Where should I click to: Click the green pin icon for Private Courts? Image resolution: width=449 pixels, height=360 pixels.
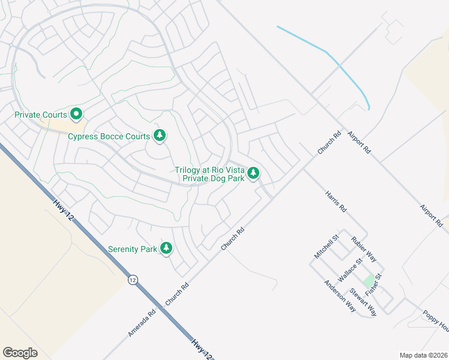tap(76, 113)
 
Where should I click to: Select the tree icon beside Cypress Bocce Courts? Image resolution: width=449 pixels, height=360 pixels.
tap(160, 136)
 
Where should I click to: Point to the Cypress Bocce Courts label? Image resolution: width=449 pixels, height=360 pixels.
tap(109, 136)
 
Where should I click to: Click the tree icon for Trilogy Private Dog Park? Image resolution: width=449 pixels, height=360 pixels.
tap(254, 173)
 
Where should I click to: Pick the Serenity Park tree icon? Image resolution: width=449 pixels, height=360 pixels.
tap(166, 248)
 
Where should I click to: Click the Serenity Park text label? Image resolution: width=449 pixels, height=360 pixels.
tap(132, 248)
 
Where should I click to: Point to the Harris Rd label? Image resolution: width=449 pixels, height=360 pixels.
tap(336, 202)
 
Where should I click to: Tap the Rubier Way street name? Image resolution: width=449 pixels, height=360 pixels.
tap(364, 248)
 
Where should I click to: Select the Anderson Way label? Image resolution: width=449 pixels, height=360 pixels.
tap(340, 296)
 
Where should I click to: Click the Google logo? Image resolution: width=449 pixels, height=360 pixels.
tap(20, 352)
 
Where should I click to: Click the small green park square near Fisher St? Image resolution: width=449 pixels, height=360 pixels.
tap(368, 281)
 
